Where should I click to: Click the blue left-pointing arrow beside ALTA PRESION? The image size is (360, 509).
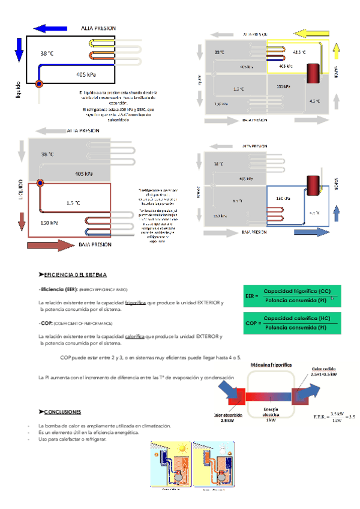click(x=50, y=28)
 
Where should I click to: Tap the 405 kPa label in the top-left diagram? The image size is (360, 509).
click(x=87, y=74)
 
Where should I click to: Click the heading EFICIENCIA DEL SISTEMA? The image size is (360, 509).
click(x=72, y=274)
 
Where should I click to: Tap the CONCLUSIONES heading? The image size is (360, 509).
click(x=59, y=412)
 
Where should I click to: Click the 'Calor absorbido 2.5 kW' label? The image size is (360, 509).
click(x=227, y=417)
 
